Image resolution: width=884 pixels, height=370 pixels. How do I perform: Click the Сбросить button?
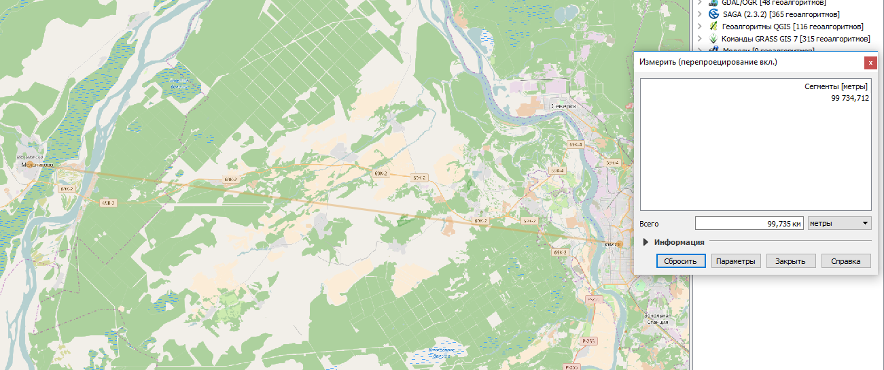click(681, 261)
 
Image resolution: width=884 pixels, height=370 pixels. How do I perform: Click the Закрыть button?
click(791, 261)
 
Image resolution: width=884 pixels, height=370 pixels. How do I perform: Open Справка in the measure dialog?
click(846, 261)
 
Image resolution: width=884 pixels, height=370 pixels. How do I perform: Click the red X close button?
click(870, 63)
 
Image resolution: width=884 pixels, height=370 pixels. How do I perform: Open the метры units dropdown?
click(839, 223)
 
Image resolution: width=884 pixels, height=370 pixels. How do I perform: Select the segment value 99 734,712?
click(849, 98)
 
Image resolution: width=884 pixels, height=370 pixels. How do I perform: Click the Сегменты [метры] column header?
click(836, 87)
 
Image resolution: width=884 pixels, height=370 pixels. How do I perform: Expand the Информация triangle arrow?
click(646, 242)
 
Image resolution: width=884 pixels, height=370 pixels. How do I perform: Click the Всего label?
click(649, 224)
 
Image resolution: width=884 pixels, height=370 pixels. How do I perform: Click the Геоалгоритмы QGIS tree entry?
click(792, 27)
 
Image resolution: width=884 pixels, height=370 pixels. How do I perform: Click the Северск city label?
click(563, 107)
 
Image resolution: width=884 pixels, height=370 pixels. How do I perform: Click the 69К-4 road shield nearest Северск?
click(575, 145)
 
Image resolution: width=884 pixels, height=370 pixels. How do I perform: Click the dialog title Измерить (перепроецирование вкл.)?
click(708, 63)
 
